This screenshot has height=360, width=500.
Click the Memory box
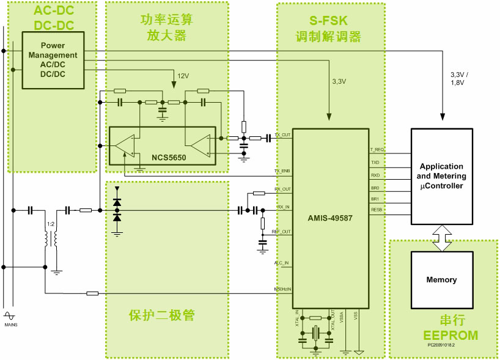(441, 280)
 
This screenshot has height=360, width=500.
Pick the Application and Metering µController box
(441, 176)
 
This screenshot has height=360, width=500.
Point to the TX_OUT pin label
(282, 135)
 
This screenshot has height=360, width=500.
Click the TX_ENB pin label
(282, 171)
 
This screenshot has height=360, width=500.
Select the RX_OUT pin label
(282, 189)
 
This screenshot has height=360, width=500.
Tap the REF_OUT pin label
(281, 232)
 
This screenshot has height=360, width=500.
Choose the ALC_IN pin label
(282, 263)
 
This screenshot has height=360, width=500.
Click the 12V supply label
(183, 76)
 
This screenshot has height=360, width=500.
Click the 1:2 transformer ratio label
(51, 224)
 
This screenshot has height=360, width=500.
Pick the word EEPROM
(450, 335)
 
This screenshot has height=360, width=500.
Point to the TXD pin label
(375, 163)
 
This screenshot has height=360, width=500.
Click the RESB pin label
(376, 209)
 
